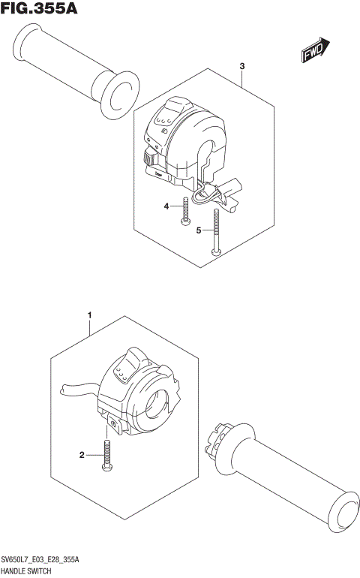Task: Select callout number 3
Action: (x=242, y=67)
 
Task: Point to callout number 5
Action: (x=199, y=230)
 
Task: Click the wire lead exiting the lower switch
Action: (x=75, y=388)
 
